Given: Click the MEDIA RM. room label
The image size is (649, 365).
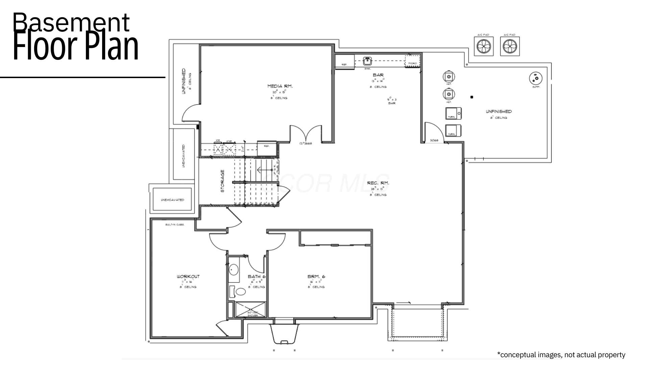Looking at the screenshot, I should (x=280, y=86).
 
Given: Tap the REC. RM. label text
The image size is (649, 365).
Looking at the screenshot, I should (x=378, y=183).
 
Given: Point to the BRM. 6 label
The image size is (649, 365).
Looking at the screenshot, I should (x=316, y=276).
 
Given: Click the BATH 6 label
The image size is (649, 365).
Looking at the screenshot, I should (x=257, y=276).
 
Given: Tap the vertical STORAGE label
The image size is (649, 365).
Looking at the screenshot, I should (x=222, y=181).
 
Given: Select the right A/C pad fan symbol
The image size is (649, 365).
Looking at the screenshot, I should (x=509, y=46).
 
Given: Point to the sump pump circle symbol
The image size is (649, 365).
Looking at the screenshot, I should (x=535, y=78).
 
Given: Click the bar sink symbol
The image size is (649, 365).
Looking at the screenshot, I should (x=367, y=61).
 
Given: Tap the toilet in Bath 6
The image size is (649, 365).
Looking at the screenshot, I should (x=241, y=291).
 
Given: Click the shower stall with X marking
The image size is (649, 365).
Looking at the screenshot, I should (x=250, y=309).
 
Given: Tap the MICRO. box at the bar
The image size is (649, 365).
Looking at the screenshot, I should (x=412, y=63).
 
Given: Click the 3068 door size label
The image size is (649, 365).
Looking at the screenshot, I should (x=434, y=140).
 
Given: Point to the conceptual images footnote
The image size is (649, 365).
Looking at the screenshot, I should (x=561, y=355).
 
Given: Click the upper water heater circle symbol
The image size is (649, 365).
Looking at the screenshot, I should (x=449, y=77).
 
